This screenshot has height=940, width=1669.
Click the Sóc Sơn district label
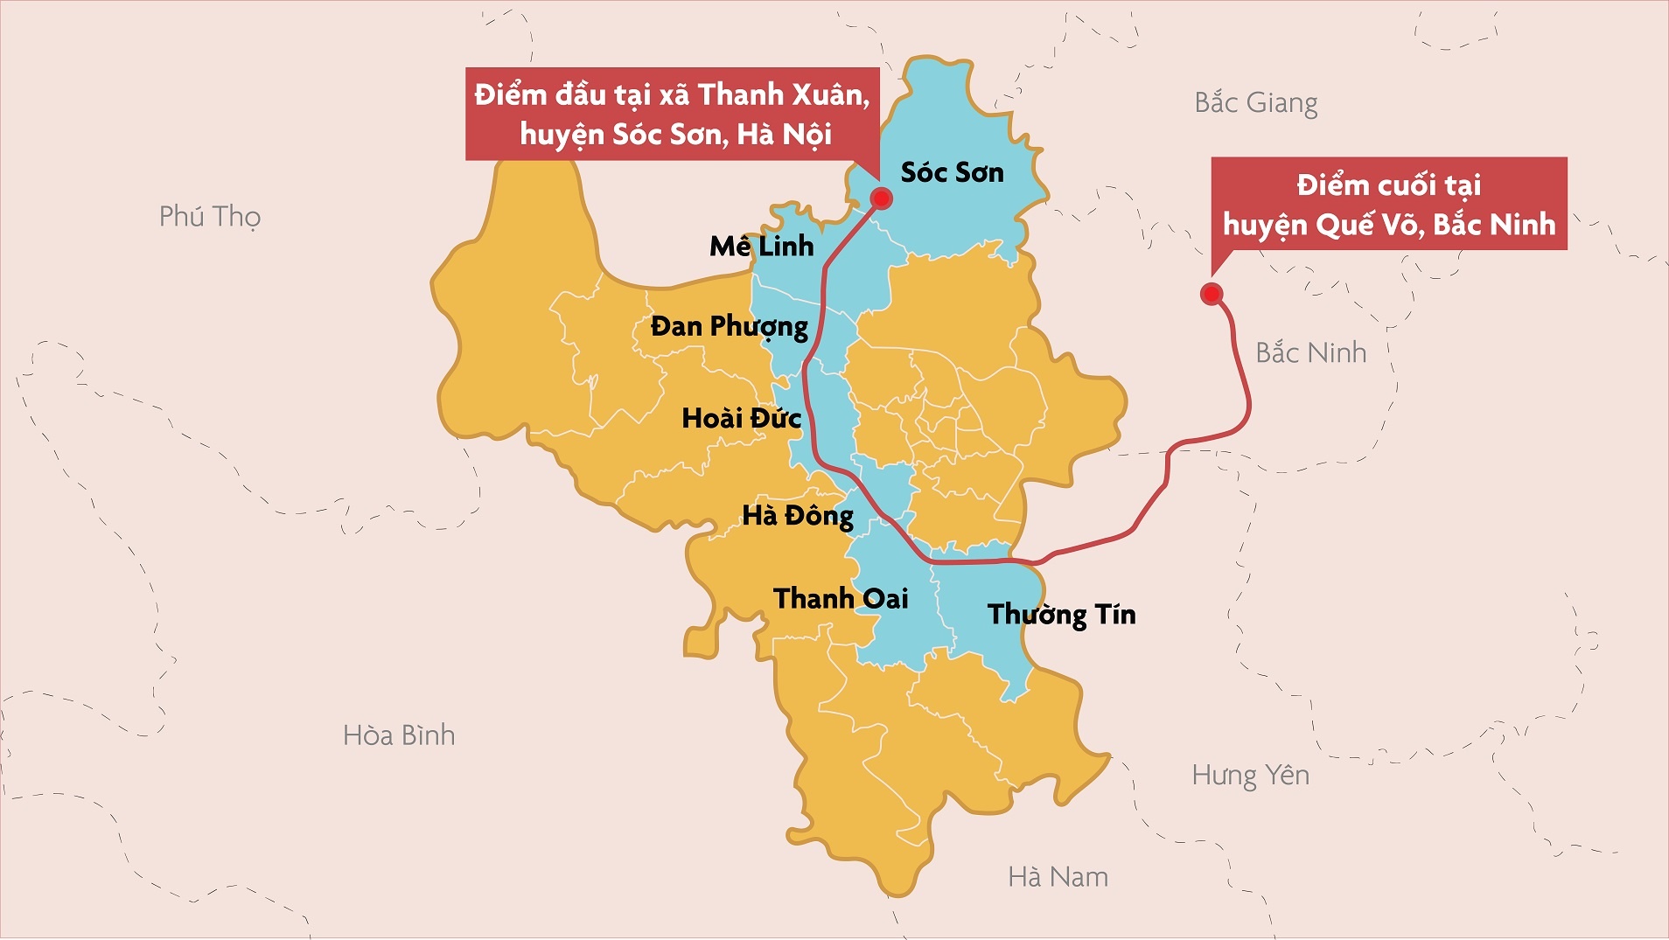point(952,172)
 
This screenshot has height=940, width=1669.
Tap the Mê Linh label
point(761,247)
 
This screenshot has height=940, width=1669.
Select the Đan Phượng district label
point(729,327)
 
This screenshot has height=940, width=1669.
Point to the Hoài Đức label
point(741,418)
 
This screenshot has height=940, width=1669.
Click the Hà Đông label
point(797,515)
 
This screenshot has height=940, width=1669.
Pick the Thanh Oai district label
point(840,598)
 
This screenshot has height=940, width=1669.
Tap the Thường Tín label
point(1061,614)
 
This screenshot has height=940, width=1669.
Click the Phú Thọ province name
point(210,216)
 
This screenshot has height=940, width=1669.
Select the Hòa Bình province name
point(399,735)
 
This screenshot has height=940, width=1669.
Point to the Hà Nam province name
point(1058,876)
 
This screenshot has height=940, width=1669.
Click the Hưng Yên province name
point(1250,776)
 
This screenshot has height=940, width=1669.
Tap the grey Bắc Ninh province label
point(1310,352)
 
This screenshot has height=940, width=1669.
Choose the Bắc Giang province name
point(1255,103)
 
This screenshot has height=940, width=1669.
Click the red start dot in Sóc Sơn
point(882,198)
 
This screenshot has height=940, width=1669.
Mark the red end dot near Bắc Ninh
point(1211,293)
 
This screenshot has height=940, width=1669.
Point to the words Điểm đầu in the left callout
point(539,94)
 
